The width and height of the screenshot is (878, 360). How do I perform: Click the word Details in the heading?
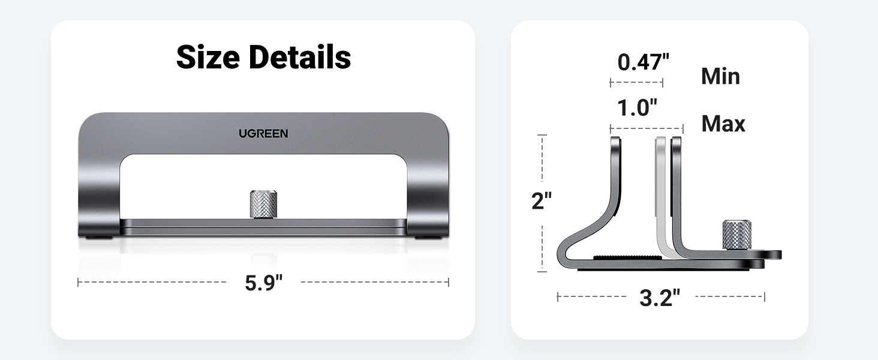[x=299, y=58]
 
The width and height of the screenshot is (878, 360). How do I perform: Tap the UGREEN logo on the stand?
[x=263, y=133]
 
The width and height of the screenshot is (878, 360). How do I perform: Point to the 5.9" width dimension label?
[x=263, y=283]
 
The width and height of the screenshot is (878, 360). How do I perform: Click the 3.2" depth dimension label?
[x=660, y=298]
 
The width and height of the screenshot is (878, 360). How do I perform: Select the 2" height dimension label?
[x=542, y=202]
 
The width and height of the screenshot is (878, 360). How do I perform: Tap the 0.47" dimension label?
[x=643, y=62]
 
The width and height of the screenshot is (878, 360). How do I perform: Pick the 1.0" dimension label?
[x=638, y=108]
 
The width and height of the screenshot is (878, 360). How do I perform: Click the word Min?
[x=720, y=77]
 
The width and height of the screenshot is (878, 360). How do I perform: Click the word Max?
[x=723, y=124]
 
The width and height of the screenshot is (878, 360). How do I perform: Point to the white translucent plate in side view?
[x=661, y=192]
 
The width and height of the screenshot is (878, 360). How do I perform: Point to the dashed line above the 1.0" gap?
[x=647, y=128]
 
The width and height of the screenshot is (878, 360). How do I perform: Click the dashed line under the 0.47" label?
[x=636, y=83]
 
